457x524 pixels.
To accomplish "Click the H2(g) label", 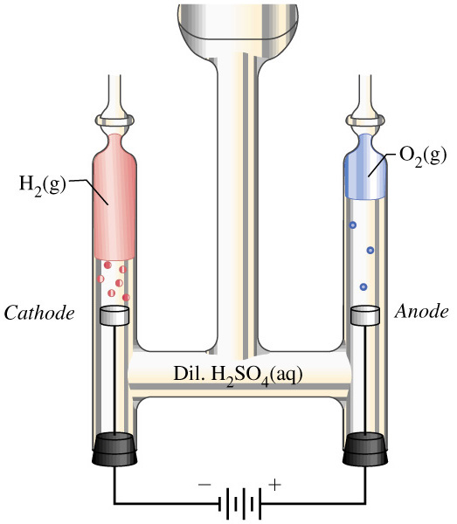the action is click(42, 185).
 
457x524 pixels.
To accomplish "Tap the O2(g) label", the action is click(423, 155).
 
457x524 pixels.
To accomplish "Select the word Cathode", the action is click(39, 314).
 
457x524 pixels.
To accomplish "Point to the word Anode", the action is click(421, 312).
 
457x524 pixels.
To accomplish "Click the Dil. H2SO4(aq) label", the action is click(238, 376).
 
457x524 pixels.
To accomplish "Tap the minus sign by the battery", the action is click(204, 484).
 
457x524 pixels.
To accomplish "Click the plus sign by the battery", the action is click(274, 485).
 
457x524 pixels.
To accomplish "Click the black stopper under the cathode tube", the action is click(114, 450).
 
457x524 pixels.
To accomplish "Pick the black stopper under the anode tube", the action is click(365, 450).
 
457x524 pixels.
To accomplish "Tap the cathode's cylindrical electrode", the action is click(114, 315).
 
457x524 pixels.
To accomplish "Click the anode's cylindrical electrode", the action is click(365, 315).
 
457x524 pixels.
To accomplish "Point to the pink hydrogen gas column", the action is click(114, 197).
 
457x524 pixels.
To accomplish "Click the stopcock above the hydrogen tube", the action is click(114, 120).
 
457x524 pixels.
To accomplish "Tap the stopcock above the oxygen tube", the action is click(365, 120).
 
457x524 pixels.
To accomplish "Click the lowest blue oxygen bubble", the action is click(364, 286).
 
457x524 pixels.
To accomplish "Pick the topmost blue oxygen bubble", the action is click(353, 225).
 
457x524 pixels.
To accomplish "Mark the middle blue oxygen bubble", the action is click(370, 250).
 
